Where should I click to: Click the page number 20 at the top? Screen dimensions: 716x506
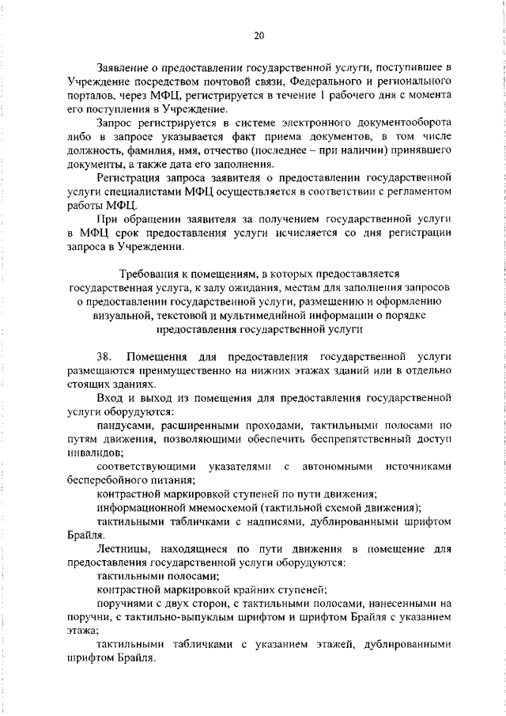259,35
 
